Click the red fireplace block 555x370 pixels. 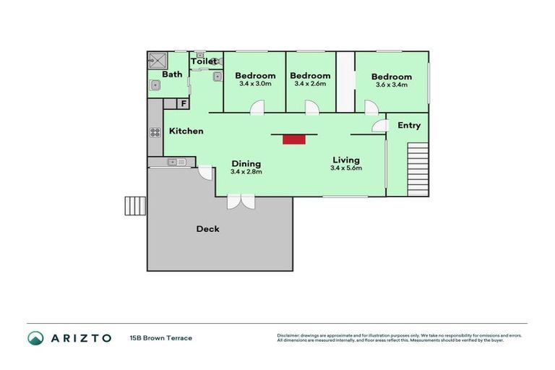pos(293,139)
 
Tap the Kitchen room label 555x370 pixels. pos(186,132)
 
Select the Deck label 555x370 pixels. pos(207,229)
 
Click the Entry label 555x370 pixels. pos(409,126)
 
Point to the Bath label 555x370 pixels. pos(172,74)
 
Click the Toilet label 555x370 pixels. pos(204,62)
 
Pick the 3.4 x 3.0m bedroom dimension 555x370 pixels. pos(255,84)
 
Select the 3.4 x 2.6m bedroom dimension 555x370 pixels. pos(310,84)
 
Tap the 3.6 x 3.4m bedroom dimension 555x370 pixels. pos(391,85)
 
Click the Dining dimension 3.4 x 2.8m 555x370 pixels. pos(246,172)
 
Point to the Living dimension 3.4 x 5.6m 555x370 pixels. pos(345,168)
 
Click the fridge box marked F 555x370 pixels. pos(184,104)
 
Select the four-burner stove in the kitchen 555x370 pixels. pos(155,132)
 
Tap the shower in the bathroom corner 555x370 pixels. pos(157,59)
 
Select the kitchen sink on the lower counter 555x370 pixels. pos(177,162)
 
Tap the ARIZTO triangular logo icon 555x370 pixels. pos(36,337)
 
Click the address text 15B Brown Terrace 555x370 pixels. pos(160,337)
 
